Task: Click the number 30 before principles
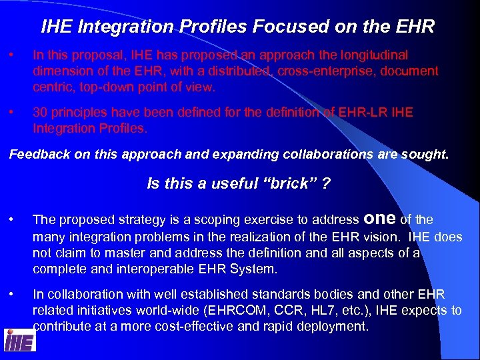[40, 112]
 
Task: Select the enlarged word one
[379, 218]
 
